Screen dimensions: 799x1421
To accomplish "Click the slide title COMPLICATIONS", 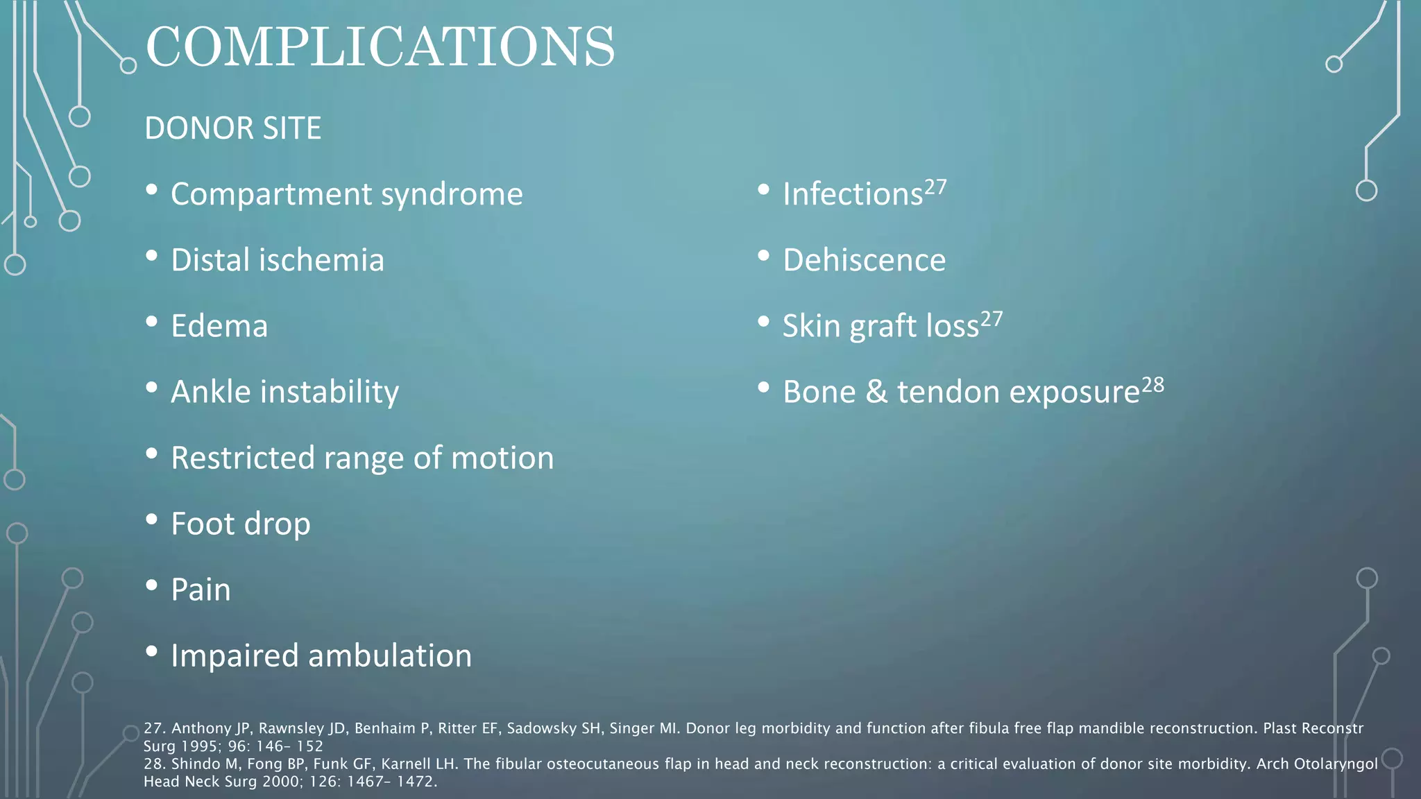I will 380,47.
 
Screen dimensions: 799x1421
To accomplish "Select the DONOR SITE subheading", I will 232,128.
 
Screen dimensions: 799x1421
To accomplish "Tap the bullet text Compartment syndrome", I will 346,194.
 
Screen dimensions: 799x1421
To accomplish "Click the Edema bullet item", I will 219,326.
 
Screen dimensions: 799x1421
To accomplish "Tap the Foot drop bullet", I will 240,524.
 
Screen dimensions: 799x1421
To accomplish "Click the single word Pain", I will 201,590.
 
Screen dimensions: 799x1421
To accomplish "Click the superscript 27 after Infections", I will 935,187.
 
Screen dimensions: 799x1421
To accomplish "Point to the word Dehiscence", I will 864,260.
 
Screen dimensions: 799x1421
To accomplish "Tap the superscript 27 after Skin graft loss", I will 992,319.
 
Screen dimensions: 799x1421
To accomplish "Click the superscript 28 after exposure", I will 1152,385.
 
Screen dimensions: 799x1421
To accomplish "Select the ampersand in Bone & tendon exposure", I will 876,392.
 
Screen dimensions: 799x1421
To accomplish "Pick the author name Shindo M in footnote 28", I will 201,764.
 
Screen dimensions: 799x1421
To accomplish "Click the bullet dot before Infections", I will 763,189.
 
